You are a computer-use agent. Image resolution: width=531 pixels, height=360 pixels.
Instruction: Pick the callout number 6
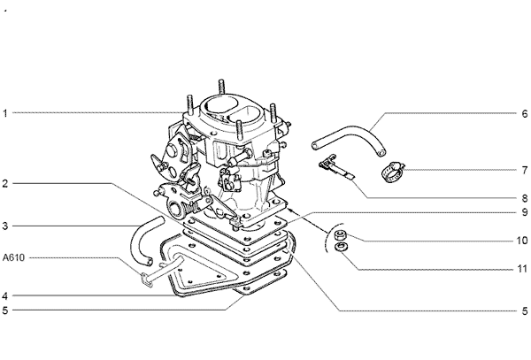pyautogui.click(x=524, y=114)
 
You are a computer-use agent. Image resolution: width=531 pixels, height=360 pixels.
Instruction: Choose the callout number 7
pyautogui.click(x=524, y=169)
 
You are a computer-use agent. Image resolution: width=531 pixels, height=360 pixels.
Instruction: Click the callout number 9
pyautogui.click(x=524, y=212)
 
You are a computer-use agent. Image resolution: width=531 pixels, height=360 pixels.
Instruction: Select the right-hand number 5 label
pyautogui.click(x=524, y=310)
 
